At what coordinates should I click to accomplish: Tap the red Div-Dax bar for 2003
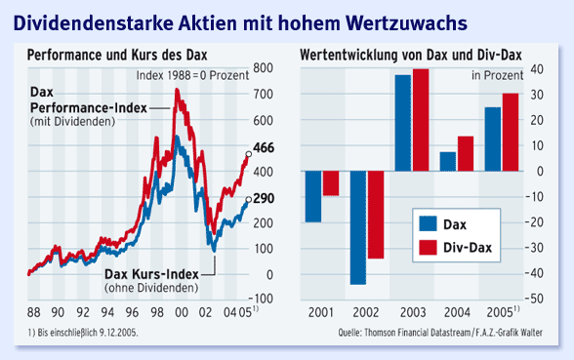click(421, 120)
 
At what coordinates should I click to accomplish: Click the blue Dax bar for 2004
click(448, 161)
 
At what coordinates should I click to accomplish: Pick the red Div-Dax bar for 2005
click(510, 132)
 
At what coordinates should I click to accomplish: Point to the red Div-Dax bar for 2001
click(331, 183)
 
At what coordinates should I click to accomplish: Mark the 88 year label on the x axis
click(35, 313)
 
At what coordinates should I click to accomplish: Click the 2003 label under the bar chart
click(412, 313)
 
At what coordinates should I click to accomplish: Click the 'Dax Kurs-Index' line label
click(151, 273)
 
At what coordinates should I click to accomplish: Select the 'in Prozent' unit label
click(497, 73)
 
